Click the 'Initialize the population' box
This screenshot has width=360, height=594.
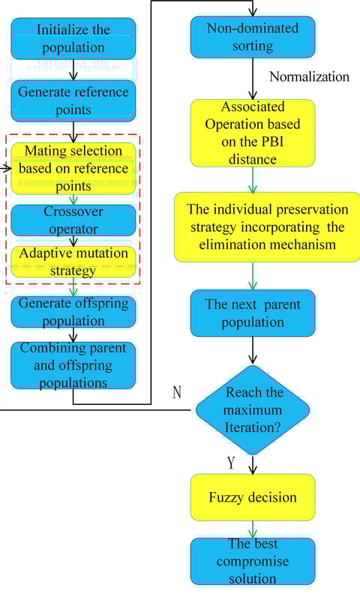[x=73, y=39]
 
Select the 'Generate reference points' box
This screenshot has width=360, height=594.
[x=73, y=100]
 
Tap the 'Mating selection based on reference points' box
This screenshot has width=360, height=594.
[x=73, y=168]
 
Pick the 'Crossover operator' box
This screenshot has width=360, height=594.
[x=73, y=220]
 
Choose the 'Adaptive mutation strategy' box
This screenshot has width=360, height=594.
[x=73, y=262]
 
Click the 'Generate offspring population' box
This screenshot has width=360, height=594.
[x=73, y=312]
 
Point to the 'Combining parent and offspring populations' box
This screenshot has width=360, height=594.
[x=73, y=365]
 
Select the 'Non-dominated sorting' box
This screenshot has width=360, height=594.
[x=253, y=37]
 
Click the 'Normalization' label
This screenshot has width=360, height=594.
[x=309, y=77]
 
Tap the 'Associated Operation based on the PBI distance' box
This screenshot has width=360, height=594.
[x=253, y=133]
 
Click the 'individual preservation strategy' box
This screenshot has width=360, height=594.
[x=267, y=227]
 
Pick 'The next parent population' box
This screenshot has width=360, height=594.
[x=253, y=313]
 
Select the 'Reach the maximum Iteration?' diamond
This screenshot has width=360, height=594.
[x=253, y=410]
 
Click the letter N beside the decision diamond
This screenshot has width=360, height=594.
[x=176, y=392]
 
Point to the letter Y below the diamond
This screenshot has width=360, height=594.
[x=231, y=463]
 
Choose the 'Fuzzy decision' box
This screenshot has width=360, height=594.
[x=253, y=497]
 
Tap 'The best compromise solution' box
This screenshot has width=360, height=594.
[x=253, y=562]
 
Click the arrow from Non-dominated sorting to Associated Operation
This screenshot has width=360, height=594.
[x=253, y=79]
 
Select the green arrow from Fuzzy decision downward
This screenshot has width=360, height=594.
[x=253, y=529]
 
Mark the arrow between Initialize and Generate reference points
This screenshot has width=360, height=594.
[x=73, y=70]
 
